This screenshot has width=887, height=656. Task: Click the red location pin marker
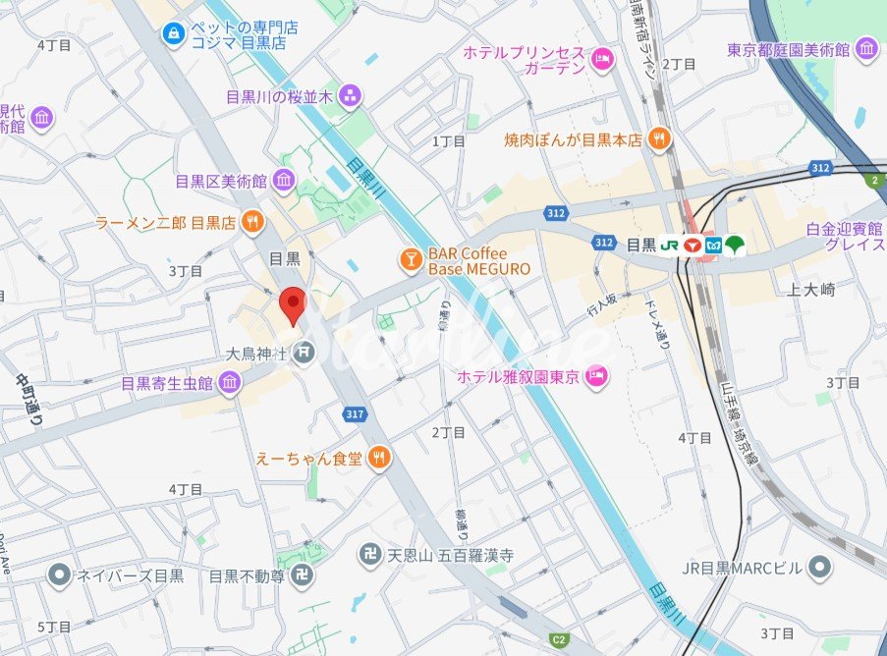[x=292, y=305]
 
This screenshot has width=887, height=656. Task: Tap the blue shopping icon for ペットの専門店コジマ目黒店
[x=174, y=34]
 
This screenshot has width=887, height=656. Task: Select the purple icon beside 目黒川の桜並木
[x=350, y=96]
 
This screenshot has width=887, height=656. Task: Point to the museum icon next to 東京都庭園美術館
[x=866, y=48]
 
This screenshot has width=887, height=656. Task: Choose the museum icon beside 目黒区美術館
[x=284, y=181]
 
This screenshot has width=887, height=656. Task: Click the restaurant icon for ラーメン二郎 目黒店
[x=253, y=222]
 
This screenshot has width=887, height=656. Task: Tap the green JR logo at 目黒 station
[x=670, y=245]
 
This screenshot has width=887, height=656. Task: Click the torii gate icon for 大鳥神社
[x=305, y=351]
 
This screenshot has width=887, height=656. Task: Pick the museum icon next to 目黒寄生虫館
[x=230, y=383]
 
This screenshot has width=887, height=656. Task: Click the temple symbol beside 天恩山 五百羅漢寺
[x=370, y=555]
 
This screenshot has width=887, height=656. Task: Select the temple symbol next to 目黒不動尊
[x=302, y=575]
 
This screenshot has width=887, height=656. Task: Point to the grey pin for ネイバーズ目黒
[x=59, y=574]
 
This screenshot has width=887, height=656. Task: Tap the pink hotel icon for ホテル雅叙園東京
[x=595, y=375]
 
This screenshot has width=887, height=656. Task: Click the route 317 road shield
[x=356, y=414]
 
